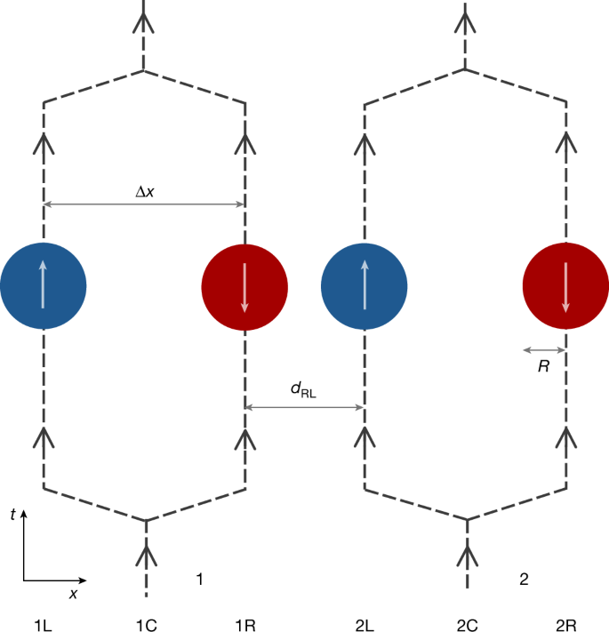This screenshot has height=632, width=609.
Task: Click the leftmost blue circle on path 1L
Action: tap(43, 285)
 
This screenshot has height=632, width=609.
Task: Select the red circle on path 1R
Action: tap(244, 285)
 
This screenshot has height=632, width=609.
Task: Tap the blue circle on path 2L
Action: tap(365, 285)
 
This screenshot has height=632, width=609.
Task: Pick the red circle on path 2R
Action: tap(565, 285)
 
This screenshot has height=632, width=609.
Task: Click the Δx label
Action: tap(144, 189)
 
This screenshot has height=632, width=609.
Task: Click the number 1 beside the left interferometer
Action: tap(201, 580)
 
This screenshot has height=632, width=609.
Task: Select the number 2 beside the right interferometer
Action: tap(524, 580)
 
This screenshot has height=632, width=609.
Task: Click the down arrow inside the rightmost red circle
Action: tap(565, 285)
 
